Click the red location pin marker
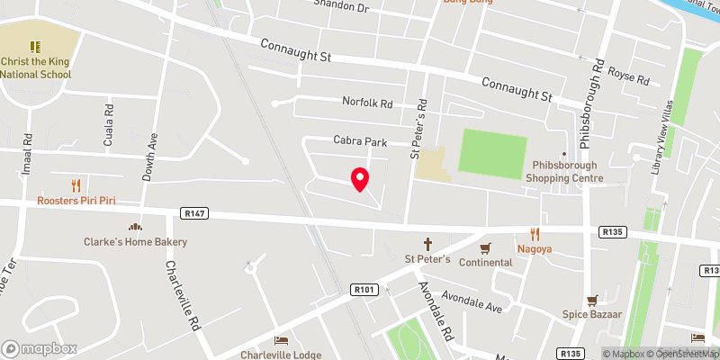(x=360, y=179)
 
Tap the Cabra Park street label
(x=360, y=141)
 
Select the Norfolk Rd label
(x=367, y=103)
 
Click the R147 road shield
(x=193, y=213)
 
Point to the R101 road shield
(x=363, y=289)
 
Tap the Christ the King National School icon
(x=35, y=46)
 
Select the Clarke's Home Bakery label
(x=135, y=242)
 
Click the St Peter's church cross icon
(x=428, y=244)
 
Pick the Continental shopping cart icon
(x=485, y=247)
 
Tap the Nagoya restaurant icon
(x=534, y=233)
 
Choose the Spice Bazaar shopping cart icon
(x=592, y=301)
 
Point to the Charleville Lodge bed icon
(x=281, y=340)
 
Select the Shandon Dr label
(x=341, y=6)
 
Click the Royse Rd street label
(x=628, y=76)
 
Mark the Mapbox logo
(x=40, y=348)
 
